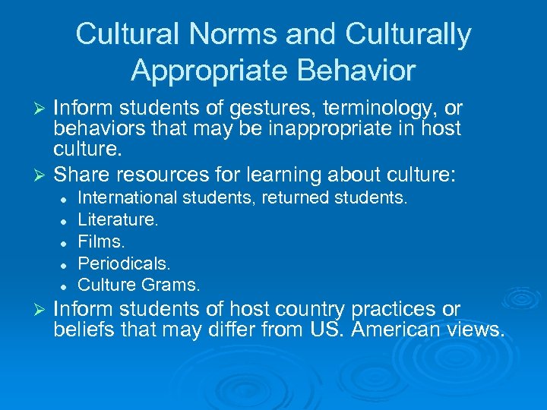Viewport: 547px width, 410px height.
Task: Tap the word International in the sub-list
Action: tap(127, 198)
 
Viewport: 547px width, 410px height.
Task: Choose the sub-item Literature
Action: tap(119, 220)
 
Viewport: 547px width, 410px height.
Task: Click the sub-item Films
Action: tap(102, 242)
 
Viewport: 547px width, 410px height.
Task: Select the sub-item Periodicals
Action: tap(125, 263)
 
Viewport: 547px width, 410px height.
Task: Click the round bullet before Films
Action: tap(66, 243)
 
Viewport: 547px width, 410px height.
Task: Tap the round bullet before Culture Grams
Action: tap(66, 286)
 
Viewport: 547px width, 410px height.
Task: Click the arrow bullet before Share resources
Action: tap(41, 175)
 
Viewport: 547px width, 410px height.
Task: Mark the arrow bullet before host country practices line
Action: tap(41, 310)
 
